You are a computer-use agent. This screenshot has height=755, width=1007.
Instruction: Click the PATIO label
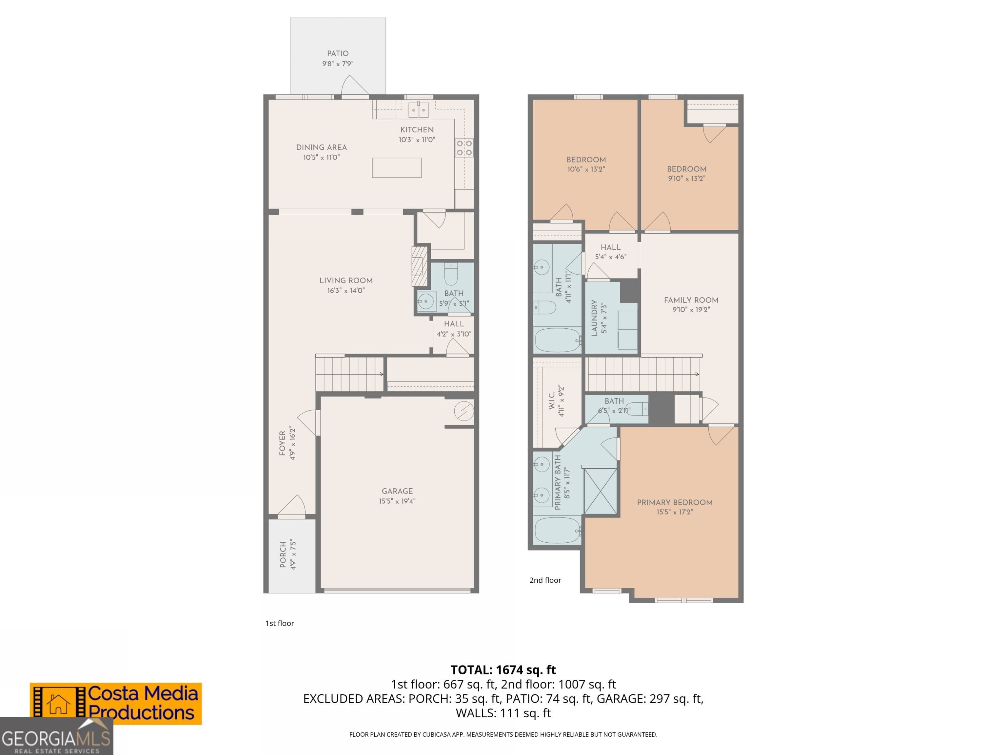[337, 53]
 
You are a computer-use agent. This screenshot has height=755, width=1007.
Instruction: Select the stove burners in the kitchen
[464, 148]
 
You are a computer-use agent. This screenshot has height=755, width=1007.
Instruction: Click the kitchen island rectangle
[397, 167]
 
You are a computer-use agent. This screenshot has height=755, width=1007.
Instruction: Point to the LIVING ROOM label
[346, 280]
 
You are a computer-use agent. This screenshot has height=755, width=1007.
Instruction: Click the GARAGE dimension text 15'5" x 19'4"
[397, 501]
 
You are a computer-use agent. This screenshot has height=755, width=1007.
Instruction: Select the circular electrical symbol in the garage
[464, 411]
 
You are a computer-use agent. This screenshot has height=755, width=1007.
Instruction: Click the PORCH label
[283, 555]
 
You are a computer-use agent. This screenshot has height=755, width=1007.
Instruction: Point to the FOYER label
[282, 443]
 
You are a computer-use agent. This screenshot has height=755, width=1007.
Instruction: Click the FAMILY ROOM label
[691, 300]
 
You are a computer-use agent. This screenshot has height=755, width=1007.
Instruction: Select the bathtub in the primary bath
[558, 531]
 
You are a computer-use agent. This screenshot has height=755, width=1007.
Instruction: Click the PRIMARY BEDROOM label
[674, 502]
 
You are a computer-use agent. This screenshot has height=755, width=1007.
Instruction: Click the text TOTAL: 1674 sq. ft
[503, 670]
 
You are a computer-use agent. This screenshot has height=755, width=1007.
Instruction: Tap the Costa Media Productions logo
[116, 704]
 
